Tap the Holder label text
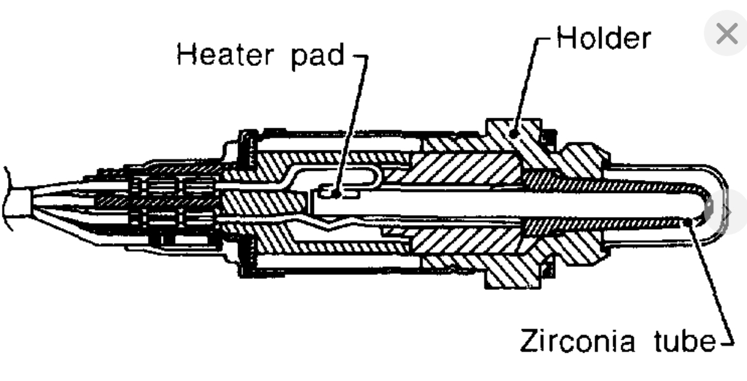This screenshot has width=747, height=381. [603, 38]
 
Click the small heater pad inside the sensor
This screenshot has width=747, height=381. [337, 192]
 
